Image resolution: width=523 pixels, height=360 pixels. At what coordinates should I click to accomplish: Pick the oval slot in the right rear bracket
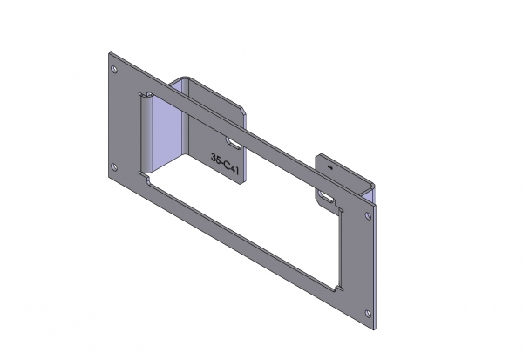pos(327,200)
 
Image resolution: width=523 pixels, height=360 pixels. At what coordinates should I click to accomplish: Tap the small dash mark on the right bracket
pos(329,162)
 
